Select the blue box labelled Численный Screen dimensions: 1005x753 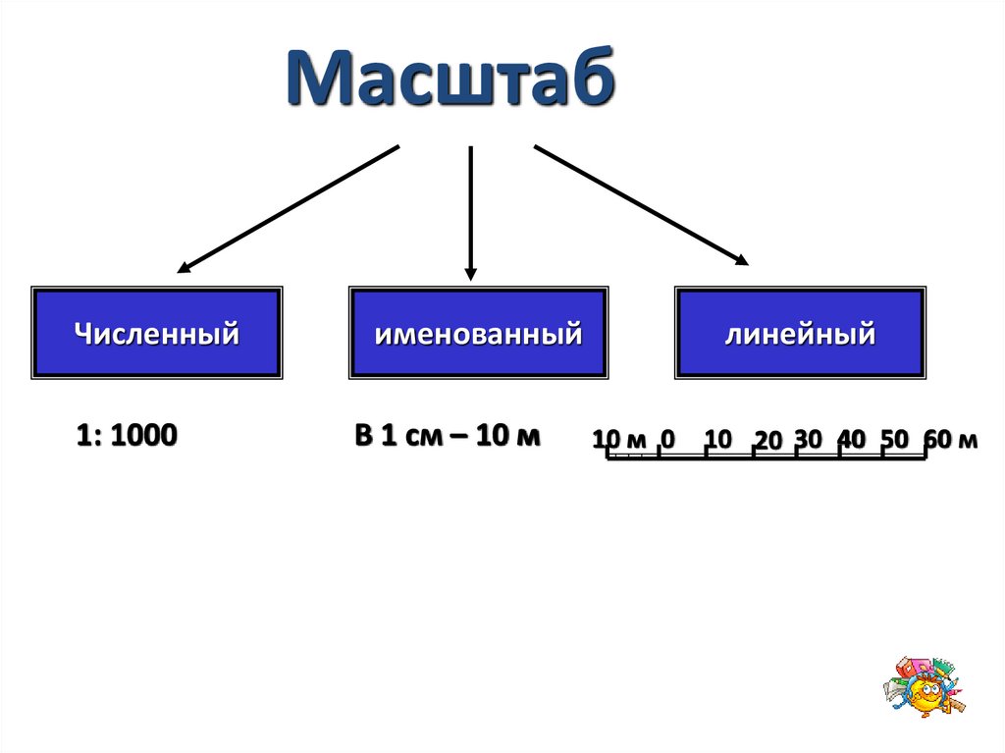point(157,334)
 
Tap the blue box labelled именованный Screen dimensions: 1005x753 point(477,334)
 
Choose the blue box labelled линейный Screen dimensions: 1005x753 point(800,334)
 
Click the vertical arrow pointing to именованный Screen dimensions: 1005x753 point(471,211)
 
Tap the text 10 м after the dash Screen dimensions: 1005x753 point(507,436)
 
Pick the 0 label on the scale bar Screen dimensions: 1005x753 point(667,439)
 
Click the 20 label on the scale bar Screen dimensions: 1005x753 point(767,442)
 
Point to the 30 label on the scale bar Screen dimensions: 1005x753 point(808,439)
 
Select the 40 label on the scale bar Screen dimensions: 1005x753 point(851,439)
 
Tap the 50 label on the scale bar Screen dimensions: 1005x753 point(894,439)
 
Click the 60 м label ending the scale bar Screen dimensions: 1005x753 point(950,439)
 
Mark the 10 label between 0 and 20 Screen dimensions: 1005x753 point(718,439)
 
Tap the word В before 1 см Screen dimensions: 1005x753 point(364,436)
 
